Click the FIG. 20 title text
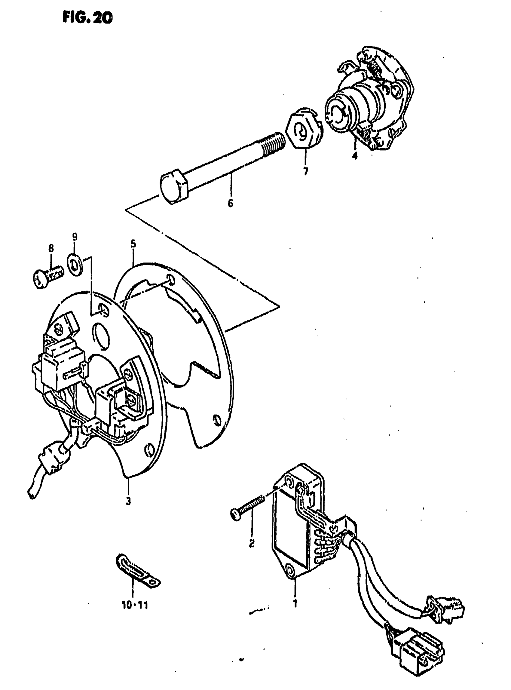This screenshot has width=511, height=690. pyautogui.click(x=87, y=18)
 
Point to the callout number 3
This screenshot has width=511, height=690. pyautogui.click(x=128, y=500)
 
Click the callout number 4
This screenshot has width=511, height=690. pyautogui.click(x=354, y=155)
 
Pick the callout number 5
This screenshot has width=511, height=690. pyautogui.click(x=133, y=244)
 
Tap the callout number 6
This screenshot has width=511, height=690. pyautogui.click(x=231, y=204)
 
